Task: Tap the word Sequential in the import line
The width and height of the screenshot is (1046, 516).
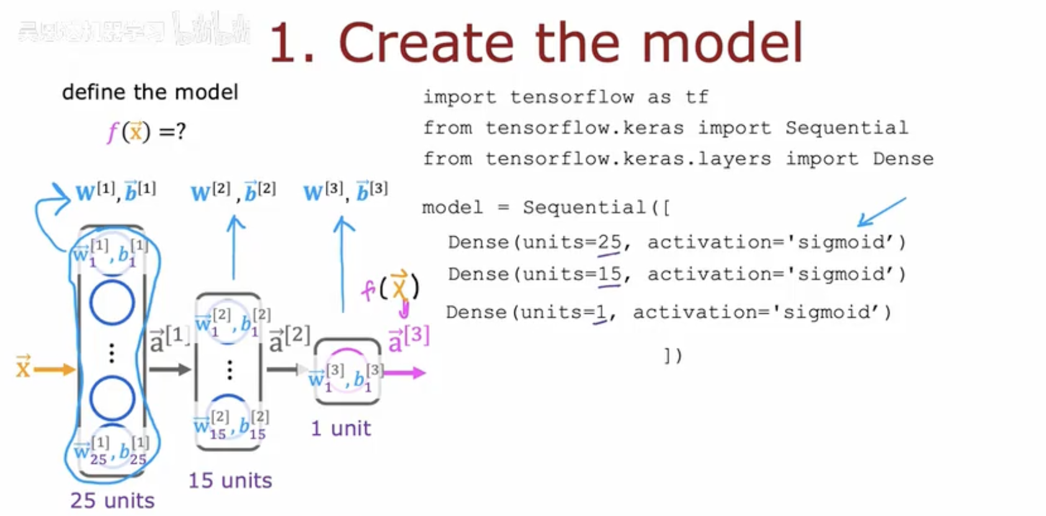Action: point(846,128)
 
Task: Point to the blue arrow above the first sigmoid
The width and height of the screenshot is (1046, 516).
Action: point(881,212)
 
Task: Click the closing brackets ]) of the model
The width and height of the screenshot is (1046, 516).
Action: point(673,355)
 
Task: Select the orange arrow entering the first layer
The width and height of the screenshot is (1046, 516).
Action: point(55,370)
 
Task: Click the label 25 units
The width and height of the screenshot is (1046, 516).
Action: point(112,500)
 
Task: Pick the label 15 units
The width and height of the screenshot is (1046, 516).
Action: point(230,481)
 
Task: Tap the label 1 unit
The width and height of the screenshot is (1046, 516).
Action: point(341,429)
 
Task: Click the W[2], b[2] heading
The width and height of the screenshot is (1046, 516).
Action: point(233,192)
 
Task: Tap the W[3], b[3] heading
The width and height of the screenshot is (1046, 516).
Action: point(346,192)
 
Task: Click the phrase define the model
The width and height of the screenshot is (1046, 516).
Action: point(150,92)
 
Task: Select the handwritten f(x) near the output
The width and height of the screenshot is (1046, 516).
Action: point(391,287)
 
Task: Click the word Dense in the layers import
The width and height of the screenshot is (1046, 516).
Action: point(903,159)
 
